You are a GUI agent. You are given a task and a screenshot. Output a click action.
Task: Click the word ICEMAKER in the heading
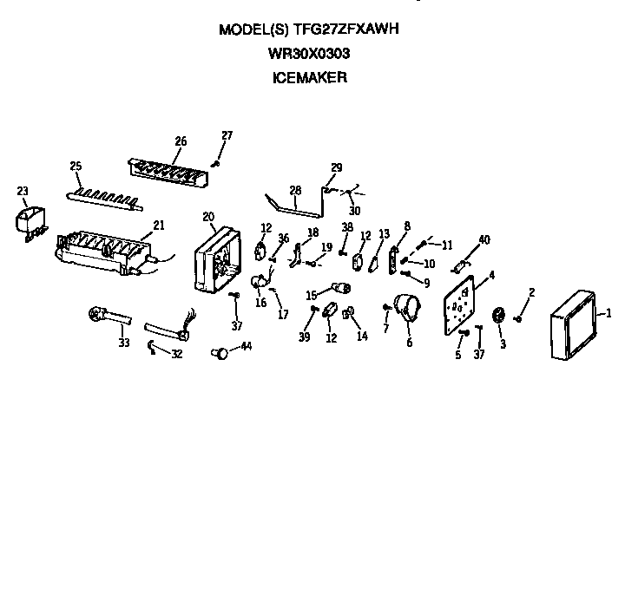(x=309, y=77)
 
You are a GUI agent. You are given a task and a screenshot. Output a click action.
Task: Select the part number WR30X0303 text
(x=309, y=53)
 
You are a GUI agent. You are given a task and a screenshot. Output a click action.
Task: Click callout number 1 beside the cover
(x=609, y=313)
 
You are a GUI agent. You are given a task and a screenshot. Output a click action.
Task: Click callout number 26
(x=181, y=141)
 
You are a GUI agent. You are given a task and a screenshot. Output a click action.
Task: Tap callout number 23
(x=23, y=192)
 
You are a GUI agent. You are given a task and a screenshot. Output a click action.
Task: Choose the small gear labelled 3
(x=499, y=317)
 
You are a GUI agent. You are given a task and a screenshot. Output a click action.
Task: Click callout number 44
(x=247, y=346)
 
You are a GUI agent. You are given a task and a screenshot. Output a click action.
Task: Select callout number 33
(x=124, y=343)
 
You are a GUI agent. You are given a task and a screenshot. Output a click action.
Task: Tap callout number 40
(x=484, y=239)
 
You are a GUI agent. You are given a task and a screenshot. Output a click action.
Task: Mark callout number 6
(x=409, y=343)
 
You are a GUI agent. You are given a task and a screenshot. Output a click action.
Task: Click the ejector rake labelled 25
(x=104, y=197)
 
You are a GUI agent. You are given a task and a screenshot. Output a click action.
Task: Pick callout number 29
(x=337, y=167)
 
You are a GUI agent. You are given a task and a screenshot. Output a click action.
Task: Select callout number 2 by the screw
(x=531, y=291)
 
